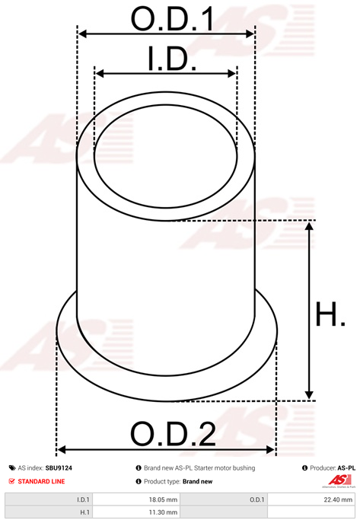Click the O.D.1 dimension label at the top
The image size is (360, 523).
pos(172,19)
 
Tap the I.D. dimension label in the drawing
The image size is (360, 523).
pos(172,59)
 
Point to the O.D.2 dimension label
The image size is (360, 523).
pos(173,434)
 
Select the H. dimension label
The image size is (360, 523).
pos(330,314)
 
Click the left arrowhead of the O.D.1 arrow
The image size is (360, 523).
pos(82,33)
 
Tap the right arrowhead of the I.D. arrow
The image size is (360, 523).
pos(231,74)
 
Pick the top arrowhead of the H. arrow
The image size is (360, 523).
pos(309,226)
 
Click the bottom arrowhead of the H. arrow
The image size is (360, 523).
pos(309,395)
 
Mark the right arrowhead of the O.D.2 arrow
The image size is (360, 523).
pos(270,450)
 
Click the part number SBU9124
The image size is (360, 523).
pos(59,468)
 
